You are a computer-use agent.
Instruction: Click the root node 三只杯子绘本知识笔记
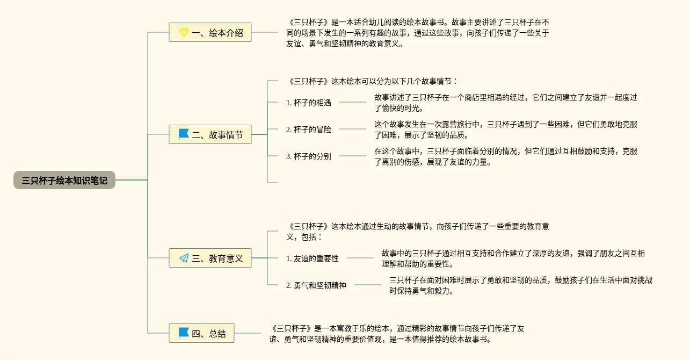64,181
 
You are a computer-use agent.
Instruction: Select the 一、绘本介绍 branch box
210,33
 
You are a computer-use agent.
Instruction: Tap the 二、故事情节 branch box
210,134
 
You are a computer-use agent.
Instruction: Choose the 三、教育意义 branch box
210,258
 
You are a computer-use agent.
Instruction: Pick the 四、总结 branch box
201,333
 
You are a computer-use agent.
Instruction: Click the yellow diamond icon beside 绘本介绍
184,33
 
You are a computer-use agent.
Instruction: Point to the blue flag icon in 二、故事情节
184,134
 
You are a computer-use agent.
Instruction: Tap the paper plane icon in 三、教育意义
184,258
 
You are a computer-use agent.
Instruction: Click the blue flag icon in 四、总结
184,333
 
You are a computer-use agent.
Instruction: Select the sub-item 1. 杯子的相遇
308,103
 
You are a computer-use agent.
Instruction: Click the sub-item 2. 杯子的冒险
308,129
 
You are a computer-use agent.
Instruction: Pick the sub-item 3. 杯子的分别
308,156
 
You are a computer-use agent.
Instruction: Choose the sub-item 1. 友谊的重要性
312,258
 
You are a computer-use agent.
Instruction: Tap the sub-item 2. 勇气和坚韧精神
316,285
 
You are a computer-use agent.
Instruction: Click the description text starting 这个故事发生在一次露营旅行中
505,129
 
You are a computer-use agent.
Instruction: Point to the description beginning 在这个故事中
505,156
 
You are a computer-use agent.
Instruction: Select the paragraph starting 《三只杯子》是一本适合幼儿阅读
417,33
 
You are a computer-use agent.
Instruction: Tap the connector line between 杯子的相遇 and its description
352,102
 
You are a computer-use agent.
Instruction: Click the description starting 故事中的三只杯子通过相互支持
513,258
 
